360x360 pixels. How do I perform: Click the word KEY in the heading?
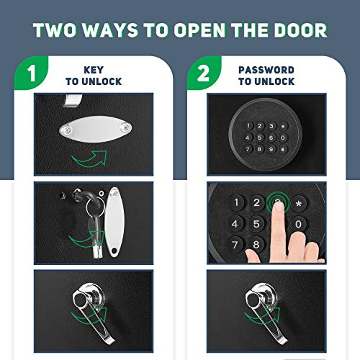point(94,70)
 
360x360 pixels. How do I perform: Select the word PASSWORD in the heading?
point(266,70)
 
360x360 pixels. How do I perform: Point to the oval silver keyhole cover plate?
point(96,129)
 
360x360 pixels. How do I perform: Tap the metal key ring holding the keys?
point(96,206)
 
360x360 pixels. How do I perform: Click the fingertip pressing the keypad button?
point(279,206)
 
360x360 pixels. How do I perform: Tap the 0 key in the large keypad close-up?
point(298,224)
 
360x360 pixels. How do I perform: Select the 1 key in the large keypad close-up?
point(236,202)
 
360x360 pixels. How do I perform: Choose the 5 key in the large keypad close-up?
point(256,224)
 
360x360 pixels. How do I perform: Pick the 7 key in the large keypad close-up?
point(235,245)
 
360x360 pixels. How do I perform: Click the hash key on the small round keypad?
point(283,149)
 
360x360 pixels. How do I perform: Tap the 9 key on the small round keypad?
point(271,149)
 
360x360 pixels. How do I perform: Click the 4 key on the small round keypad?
point(248,138)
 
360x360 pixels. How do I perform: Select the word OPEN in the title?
point(199,30)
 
